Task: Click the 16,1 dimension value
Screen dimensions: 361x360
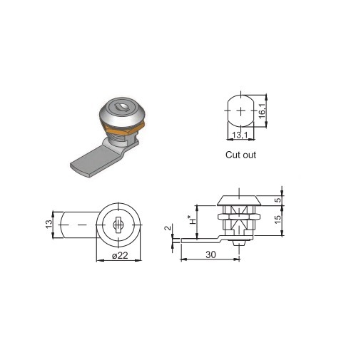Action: tap(262, 111)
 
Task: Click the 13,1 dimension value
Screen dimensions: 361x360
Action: tap(240, 135)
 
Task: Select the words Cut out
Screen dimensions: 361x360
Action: tap(240, 155)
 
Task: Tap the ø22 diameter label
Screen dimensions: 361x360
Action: tap(120, 255)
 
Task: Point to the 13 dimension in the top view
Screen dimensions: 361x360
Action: tap(49, 224)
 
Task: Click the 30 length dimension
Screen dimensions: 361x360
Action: tap(210, 254)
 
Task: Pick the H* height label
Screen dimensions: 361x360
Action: tap(193, 220)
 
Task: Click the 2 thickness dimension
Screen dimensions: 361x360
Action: tap(168, 228)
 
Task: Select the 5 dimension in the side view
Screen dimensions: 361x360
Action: tap(278, 200)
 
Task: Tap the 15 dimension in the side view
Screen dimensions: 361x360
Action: tap(278, 220)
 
